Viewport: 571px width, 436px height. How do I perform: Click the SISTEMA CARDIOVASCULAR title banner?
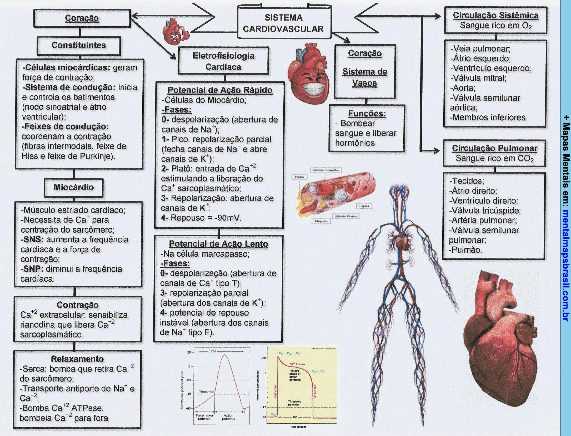click(283, 23)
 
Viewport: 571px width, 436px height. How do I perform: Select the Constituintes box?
click(79, 45)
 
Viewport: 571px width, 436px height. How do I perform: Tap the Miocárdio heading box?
click(74, 187)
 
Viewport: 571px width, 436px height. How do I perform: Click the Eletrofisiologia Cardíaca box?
click(223, 61)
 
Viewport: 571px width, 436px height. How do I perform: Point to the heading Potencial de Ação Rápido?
click(220, 90)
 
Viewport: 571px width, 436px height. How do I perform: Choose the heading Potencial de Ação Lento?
click(218, 244)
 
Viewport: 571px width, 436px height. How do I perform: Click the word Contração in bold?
click(78, 305)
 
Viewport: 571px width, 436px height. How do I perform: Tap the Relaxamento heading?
click(77, 359)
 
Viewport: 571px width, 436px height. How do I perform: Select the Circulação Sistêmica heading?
click(495, 16)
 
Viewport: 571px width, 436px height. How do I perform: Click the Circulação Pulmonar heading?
click(494, 148)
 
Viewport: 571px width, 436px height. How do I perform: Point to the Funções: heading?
click(367, 114)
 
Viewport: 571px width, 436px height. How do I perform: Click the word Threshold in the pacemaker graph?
click(206, 392)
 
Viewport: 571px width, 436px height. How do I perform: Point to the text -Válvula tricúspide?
click(485, 211)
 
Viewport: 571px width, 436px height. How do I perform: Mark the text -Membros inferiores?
click(489, 117)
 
